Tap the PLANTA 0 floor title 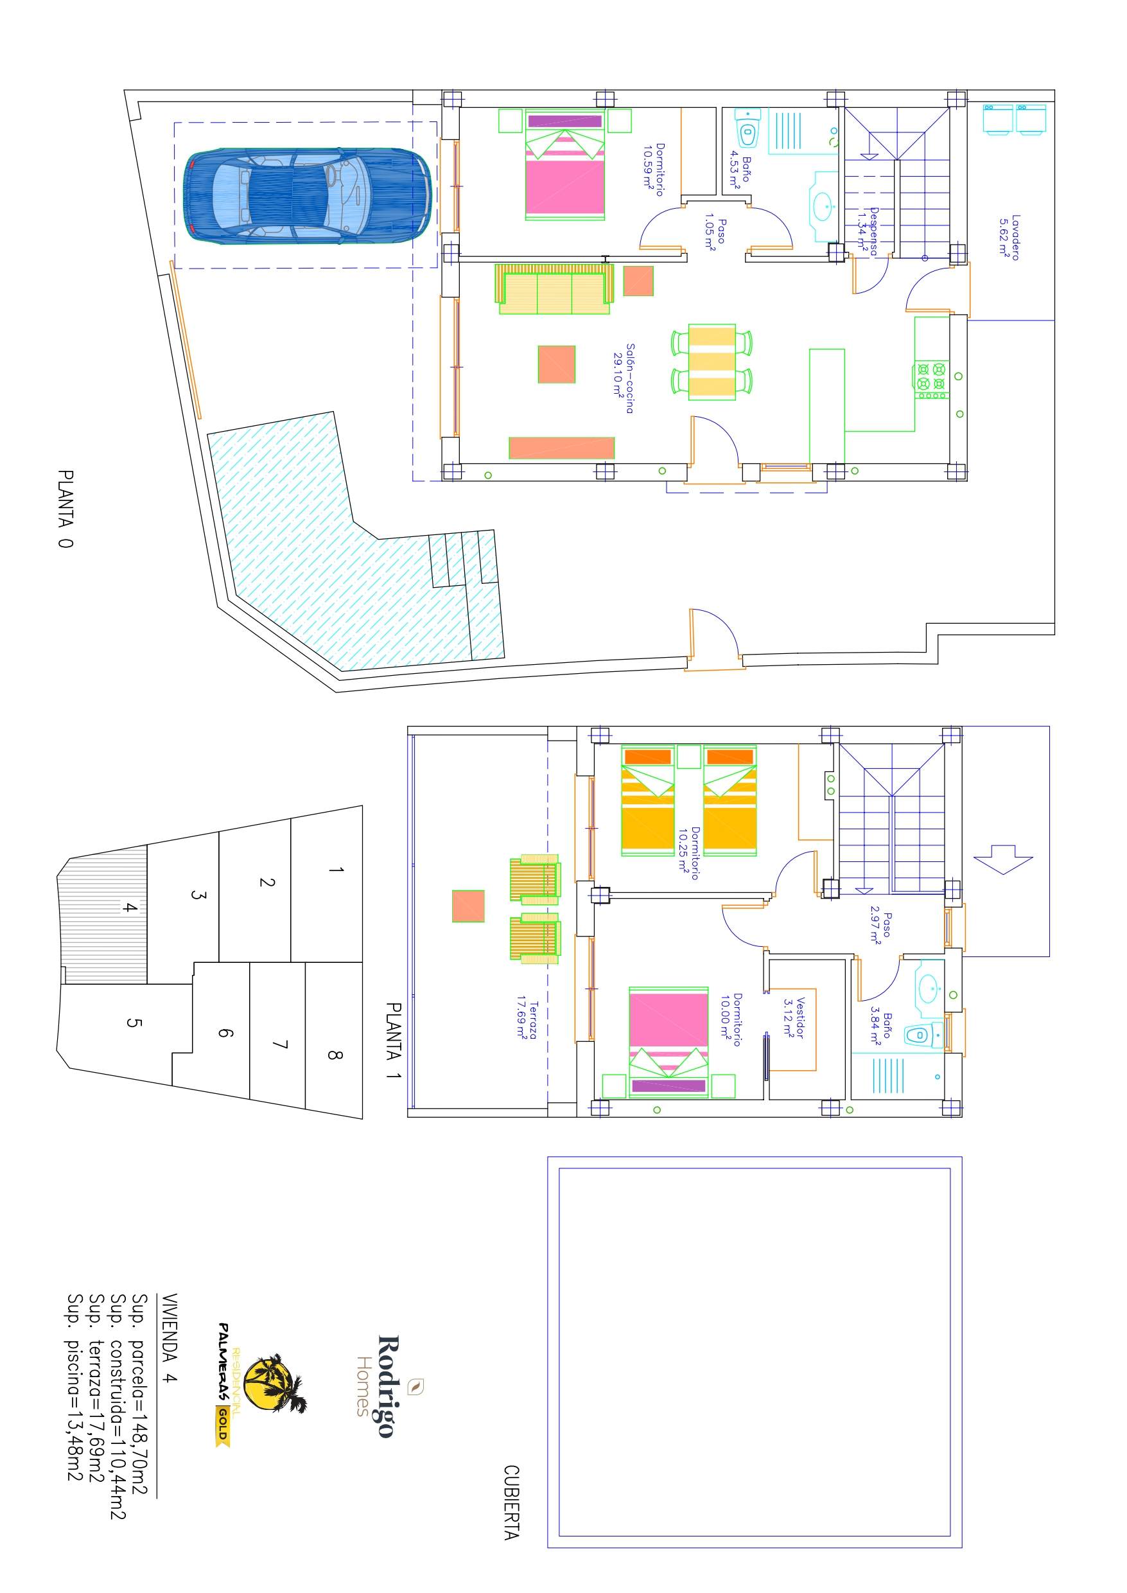point(66,509)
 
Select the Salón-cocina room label point(623,378)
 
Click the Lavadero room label point(1009,238)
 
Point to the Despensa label point(868,231)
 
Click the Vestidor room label point(794,1017)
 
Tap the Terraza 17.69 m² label point(527,1019)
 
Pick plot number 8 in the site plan point(335,1055)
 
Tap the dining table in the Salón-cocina point(712,362)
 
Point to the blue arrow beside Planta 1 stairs point(1003,859)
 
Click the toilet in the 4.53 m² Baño point(747,128)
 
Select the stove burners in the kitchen point(930,378)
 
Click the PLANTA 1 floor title point(394,1041)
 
